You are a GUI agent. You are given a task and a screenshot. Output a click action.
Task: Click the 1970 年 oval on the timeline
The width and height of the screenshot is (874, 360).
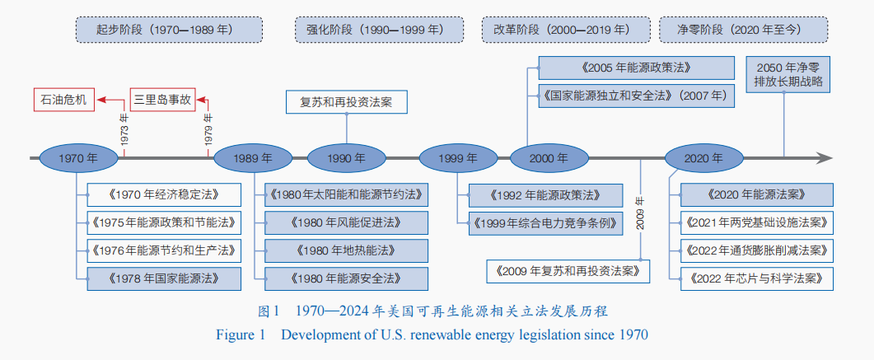pos(78,158)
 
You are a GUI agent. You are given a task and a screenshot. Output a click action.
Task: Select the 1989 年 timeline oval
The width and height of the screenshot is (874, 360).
pos(253,158)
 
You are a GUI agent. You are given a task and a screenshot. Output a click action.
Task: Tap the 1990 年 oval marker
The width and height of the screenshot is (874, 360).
pos(347,158)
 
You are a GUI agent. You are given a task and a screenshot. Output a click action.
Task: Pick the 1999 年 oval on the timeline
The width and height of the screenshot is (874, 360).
pos(459,158)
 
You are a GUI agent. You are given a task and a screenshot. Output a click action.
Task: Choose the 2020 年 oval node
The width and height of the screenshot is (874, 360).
pos(704,158)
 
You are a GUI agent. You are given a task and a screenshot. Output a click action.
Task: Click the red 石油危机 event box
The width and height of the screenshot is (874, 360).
pos(64,101)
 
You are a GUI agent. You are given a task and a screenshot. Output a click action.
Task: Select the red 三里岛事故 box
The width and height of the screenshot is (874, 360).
pos(162,101)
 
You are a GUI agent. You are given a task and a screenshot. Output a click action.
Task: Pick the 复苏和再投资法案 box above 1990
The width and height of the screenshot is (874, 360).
pos(346,102)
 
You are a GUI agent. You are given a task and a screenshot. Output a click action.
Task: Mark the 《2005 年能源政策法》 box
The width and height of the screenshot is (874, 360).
pos(635,68)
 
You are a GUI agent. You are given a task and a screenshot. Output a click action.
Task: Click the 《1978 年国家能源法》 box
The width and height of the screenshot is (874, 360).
pos(164,278)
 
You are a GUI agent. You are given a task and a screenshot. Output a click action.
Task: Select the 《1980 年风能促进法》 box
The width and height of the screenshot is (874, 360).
pos(346,222)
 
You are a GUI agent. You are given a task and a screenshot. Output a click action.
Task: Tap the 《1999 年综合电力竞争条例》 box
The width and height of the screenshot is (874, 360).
pos(545,223)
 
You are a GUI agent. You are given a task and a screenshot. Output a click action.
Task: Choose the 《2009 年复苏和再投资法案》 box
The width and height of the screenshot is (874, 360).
pos(568,270)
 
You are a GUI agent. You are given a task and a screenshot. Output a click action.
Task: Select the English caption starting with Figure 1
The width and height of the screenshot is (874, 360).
pos(432,334)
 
